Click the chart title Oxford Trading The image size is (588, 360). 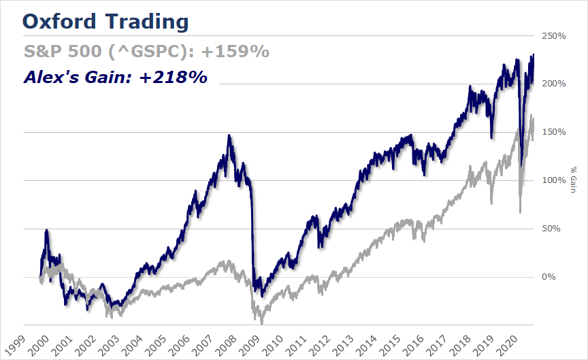click(x=105, y=21)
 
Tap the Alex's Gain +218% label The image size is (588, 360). click(x=115, y=78)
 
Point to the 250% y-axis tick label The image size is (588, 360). click(x=554, y=36)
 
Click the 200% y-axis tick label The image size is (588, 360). click(x=554, y=84)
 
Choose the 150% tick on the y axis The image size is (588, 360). click(x=554, y=132)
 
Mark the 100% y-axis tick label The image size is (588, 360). click(x=554, y=180)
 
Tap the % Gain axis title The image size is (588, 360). click(x=573, y=180)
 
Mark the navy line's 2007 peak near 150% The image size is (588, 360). click(x=229, y=135)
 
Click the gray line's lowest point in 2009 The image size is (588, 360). click(x=261, y=323)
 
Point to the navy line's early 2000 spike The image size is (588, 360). click(x=46, y=231)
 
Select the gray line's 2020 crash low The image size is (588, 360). click(x=520, y=212)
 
